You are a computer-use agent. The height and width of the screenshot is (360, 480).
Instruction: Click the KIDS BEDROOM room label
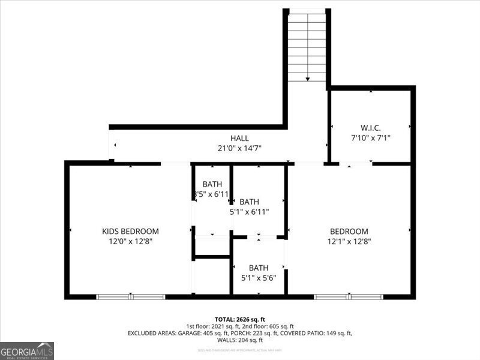tap(130, 231)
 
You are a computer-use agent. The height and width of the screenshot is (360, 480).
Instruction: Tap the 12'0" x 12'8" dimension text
tap(130, 242)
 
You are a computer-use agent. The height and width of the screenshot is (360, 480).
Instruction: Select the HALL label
tap(239, 138)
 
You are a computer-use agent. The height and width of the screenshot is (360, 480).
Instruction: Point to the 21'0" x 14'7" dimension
tap(239, 148)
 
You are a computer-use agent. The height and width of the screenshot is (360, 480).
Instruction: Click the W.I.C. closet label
tap(370, 127)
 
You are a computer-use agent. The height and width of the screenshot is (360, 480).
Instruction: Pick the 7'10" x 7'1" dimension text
tap(370, 137)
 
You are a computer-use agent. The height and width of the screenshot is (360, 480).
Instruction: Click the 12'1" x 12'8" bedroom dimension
tap(349, 242)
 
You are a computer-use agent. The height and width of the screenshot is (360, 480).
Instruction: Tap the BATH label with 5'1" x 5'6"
tap(259, 268)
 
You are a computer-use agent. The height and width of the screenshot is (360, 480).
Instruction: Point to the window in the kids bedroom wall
tap(131, 296)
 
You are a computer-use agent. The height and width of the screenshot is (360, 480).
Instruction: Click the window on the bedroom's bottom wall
tap(349, 296)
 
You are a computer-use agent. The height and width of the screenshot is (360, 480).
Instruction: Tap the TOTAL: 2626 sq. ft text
tap(239, 319)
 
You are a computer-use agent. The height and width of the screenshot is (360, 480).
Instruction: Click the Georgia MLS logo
tap(27, 350)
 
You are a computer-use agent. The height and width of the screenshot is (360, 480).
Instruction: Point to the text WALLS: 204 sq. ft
tap(239, 340)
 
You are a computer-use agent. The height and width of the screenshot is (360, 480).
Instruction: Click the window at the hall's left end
tap(112, 145)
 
